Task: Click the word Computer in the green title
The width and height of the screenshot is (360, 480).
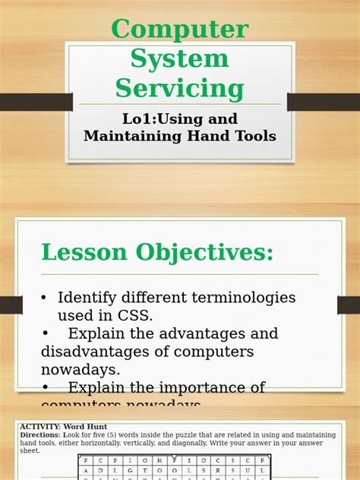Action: [x=180, y=30]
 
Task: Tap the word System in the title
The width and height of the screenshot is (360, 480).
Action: [x=180, y=58]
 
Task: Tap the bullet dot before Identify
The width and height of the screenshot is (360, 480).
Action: [x=45, y=298]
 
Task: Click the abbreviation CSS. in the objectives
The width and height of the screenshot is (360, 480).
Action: [x=138, y=315]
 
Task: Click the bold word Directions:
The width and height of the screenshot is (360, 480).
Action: [x=39, y=435]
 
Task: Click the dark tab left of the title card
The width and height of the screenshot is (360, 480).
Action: [x=35, y=102]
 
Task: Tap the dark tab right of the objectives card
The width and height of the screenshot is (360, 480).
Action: [x=348, y=305]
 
